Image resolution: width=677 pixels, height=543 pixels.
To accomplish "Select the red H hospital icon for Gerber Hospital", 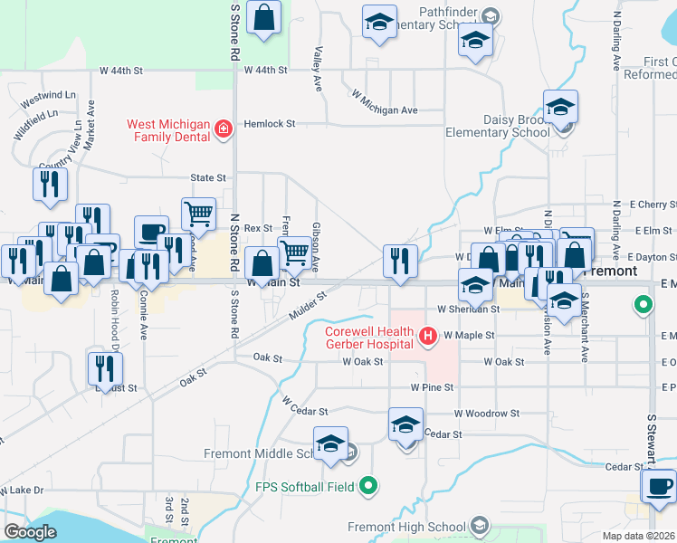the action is click(x=427, y=338).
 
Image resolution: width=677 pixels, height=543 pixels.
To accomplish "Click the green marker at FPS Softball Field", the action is click(x=367, y=487).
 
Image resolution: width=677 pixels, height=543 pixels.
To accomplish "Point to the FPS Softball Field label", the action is click(x=305, y=487).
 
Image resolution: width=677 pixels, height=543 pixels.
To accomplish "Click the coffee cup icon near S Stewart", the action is click(x=658, y=485).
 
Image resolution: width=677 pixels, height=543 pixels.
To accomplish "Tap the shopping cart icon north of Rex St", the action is click(x=198, y=214).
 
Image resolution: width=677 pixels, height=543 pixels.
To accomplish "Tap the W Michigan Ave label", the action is click(x=384, y=102).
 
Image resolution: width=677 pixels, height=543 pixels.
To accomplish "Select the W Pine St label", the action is click(x=431, y=387).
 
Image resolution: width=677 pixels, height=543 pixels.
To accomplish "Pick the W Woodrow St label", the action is click(x=487, y=413).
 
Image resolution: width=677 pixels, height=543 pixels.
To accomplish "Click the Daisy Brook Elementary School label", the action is click(x=497, y=126).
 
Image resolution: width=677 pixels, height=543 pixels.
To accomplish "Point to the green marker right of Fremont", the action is click(x=643, y=305).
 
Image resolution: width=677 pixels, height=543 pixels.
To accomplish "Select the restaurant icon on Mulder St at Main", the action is click(x=400, y=261).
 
